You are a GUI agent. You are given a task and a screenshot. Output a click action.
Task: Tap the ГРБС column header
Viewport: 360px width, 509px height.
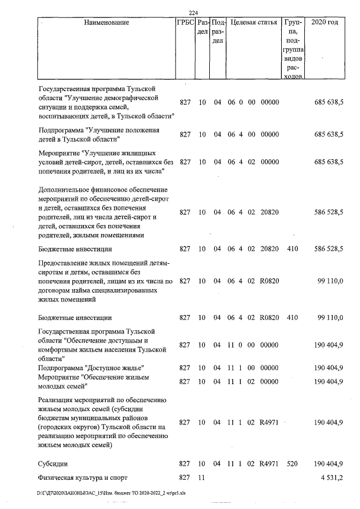pos(185,23)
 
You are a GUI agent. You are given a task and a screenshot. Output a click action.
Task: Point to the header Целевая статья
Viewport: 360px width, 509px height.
pos(253,23)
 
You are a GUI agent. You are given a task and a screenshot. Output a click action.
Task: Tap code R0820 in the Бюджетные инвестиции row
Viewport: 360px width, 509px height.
pos(269,318)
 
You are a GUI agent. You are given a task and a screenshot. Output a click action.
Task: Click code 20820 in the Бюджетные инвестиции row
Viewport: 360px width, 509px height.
pos(269,248)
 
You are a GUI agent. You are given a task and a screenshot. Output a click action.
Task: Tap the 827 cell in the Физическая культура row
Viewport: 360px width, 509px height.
pos(185,478)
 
